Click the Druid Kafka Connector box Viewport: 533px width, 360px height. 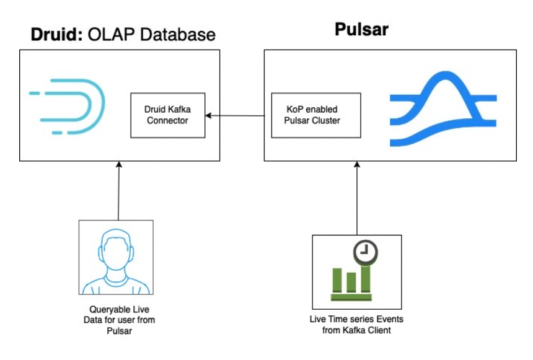167,115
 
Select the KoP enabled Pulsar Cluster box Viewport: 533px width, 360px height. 316,115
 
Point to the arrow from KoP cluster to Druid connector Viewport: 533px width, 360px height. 239,115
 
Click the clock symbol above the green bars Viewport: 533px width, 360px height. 366,250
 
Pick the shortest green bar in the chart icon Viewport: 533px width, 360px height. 351,281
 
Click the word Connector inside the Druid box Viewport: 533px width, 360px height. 167,120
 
